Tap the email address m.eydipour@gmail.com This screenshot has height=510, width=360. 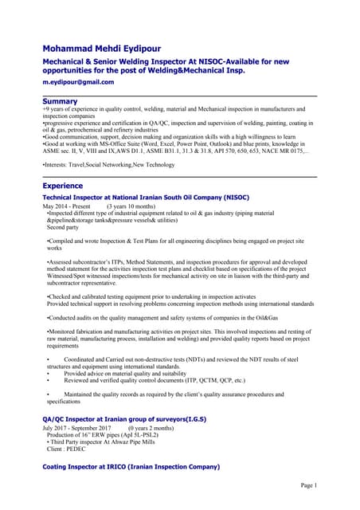78,82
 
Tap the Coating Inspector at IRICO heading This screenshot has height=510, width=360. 131,465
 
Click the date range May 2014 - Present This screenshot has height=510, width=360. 67,206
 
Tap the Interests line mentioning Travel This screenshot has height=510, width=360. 108,164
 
